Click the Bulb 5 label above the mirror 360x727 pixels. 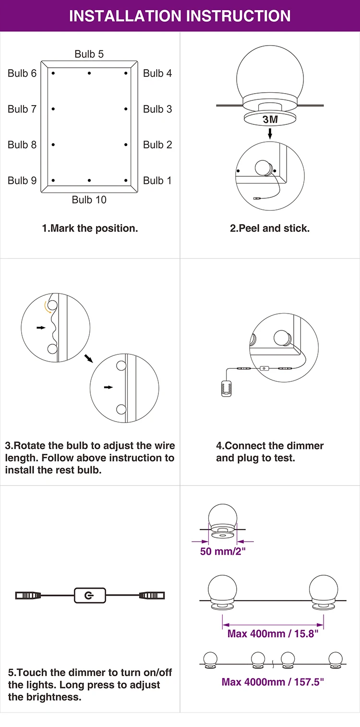point(89,54)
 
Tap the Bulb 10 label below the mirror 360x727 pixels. point(89,200)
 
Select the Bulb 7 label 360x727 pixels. point(22,109)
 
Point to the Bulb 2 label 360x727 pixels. point(157,145)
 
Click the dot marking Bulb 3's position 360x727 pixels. point(126,109)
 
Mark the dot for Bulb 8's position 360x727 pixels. point(53,145)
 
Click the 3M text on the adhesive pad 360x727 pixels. point(270,120)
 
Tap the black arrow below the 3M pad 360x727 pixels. point(270,133)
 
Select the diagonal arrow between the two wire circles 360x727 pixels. point(89,358)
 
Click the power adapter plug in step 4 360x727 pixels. point(226,388)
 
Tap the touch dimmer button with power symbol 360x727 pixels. point(90,595)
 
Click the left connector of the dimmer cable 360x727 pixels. point(28,595)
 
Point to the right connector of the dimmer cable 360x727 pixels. point(152,595)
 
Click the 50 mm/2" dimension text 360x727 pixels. point(223,551)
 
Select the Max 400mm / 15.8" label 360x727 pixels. point(273,633)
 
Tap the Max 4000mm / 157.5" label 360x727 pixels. point(273,682)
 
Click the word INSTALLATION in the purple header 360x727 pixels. point(125,16)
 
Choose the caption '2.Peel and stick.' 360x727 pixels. point(270,229)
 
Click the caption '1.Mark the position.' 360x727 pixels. point(90,229)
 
